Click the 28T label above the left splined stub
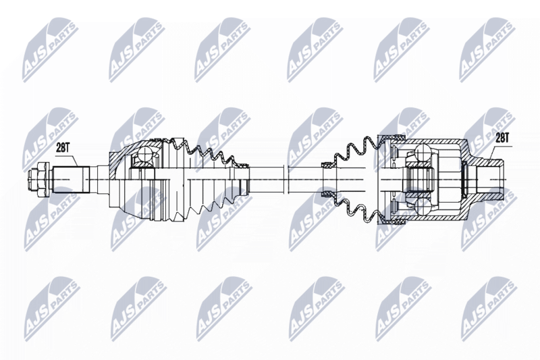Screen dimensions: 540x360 click(63, 148)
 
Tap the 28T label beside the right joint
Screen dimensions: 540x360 click(502, 138)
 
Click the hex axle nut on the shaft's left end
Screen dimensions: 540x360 click(40, 180)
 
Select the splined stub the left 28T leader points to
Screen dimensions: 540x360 click(70, 180)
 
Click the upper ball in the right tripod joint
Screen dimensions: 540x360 click(423, 152)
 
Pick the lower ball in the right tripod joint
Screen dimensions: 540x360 click(423, 207)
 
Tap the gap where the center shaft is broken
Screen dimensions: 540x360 click(285, 180)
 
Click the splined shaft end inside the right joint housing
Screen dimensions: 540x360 click(418, 180)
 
